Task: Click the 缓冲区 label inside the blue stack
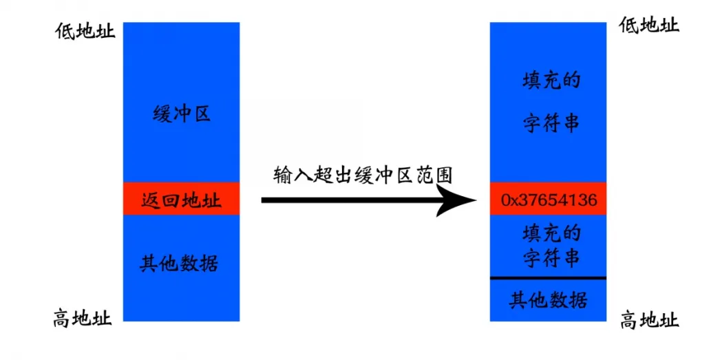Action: click(182, 114)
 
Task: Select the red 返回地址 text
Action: click(181, 200)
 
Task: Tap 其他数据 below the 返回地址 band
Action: click(179, 263)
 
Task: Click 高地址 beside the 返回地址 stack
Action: click(83, 318)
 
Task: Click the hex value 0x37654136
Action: click(549, 200)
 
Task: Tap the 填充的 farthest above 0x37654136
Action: click(552, 81)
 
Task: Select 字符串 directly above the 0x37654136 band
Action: click(552, 123)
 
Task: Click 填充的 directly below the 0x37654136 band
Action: click(552, 233)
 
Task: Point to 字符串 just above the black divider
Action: click(551, 259)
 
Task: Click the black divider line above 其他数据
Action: click(549, 278)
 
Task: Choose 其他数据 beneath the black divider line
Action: click(548, 300)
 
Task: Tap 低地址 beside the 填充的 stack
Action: click(649, 25)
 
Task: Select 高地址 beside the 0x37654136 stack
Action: click(650, 319)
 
